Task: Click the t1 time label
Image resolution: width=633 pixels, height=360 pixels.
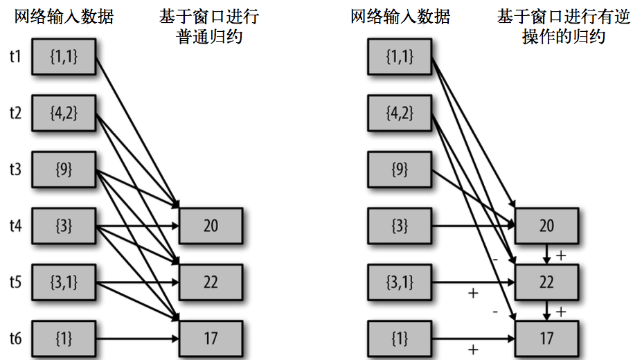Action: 15,55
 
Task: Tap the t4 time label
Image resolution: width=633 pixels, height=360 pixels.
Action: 15,225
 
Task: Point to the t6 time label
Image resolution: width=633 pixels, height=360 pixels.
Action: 15,339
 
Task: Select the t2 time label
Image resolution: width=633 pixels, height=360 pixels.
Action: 15,112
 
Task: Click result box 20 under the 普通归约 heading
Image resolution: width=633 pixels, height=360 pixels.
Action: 211,226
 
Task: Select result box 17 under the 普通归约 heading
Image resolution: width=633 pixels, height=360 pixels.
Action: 211,339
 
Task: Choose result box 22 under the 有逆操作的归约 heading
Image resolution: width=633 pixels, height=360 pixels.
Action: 546,282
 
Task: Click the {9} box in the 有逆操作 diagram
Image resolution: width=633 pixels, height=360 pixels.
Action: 400,169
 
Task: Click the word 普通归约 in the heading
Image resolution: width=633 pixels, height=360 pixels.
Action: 209,36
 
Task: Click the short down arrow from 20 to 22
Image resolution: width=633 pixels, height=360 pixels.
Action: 546,254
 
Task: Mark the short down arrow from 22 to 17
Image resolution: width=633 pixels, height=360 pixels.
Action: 546,311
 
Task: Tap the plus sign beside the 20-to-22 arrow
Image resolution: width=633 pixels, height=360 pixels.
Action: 561,255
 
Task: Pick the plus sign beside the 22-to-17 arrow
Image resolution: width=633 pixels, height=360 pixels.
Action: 561,312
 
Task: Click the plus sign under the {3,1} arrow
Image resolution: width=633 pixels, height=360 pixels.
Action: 473,293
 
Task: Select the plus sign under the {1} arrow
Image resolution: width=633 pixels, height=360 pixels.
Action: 473,350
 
